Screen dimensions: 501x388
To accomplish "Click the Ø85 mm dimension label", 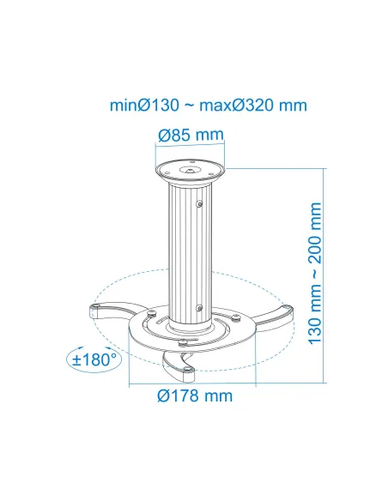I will [x=191, y=136].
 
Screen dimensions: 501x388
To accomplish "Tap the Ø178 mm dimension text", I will [x=195, y=395].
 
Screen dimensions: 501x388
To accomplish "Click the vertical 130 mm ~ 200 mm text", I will [x=317, y=270].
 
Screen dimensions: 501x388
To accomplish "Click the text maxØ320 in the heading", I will [x=238, y=106].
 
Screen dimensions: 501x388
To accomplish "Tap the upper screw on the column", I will [x=199, y=204].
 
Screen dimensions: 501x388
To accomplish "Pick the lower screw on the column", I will [x=199, y=307].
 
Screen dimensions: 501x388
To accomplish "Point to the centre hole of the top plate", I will [x=191, y=169].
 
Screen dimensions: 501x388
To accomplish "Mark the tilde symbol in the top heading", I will [x=190, y=106].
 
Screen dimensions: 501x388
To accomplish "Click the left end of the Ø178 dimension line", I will [x=129, y=378].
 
